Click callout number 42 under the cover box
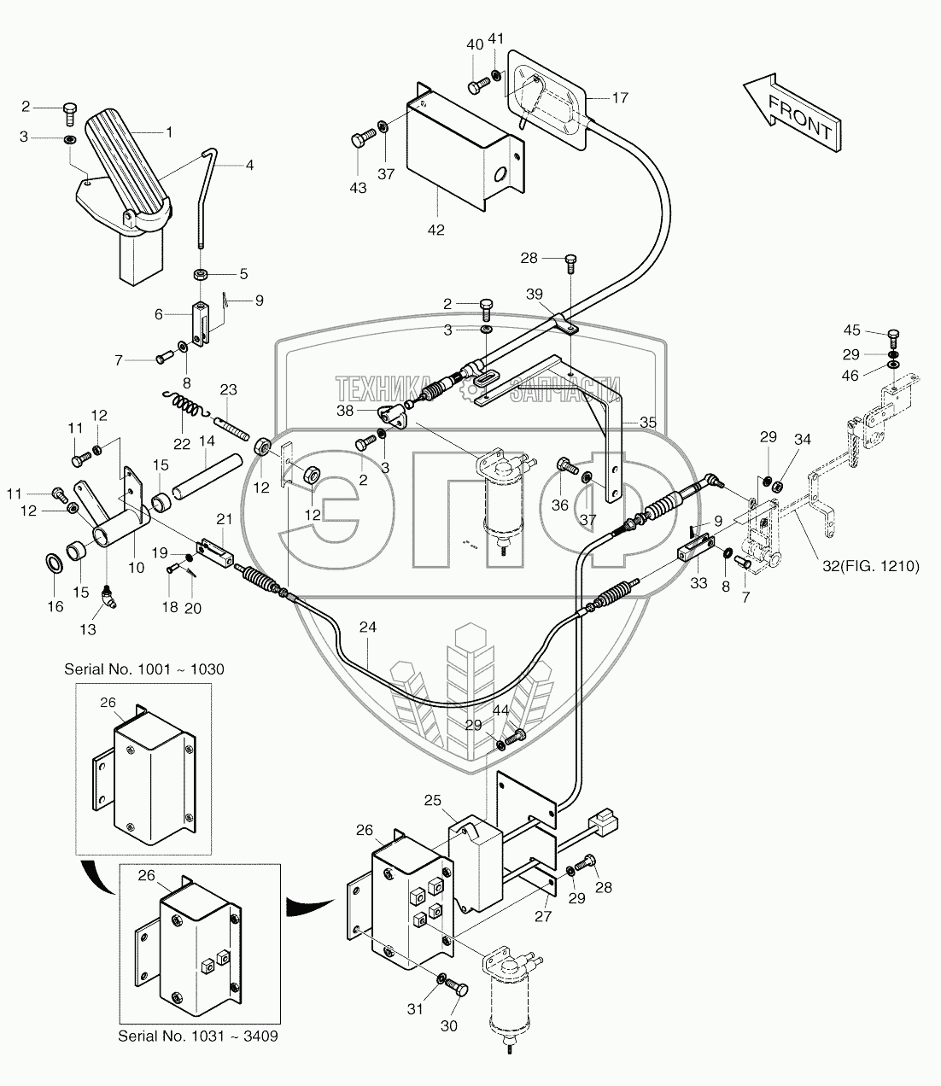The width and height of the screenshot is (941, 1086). click(x=436, y=230)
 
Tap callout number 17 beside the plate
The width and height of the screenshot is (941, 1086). click(x=620, y=98)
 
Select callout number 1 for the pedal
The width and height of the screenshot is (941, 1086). click(x=169, y=132)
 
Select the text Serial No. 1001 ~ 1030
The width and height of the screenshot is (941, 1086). click(x=144, y=669)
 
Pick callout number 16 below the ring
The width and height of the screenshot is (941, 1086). click(x=54, y=607)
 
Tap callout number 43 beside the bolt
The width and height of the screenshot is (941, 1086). click(x=359, y=188)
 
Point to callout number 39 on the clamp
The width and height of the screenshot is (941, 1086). click(x=535, y=294)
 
